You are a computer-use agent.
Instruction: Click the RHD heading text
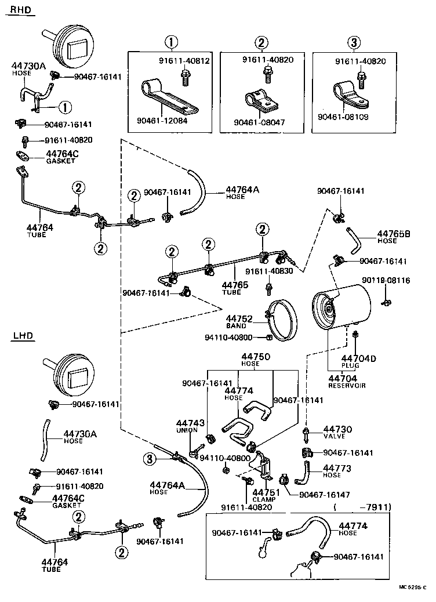(21, 9)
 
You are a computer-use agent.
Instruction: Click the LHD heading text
(22, 336)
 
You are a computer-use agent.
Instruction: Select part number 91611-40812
(184, 60)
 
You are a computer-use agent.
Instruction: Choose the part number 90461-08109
(343, 117)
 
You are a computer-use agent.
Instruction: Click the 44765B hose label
(394, 237)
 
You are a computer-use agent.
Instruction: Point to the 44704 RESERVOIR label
(346, 381)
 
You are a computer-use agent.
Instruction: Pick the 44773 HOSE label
(336, 470)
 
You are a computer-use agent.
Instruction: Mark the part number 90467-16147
(325, 494)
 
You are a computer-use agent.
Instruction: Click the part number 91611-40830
(268, 271)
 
